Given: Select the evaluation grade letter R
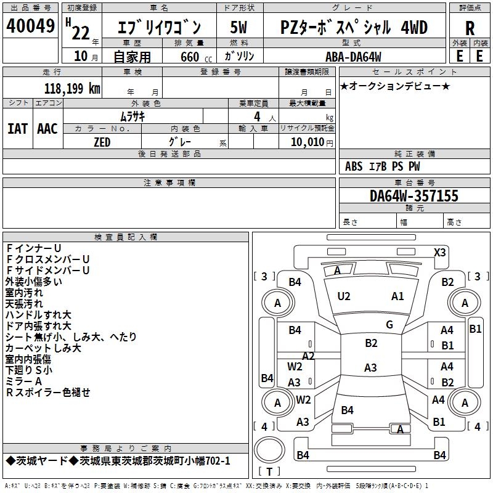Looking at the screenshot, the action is (x=470, y=28).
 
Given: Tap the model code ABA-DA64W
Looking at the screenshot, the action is (x=353, y=57).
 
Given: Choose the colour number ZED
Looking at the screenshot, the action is (x=102, y=142).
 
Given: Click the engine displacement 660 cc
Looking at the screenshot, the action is (x=190, y=57).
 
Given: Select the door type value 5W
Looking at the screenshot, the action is (x=238, y=28).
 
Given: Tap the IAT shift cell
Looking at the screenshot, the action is (x=17, y=129).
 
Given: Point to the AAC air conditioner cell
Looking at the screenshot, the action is (x=47, y=129).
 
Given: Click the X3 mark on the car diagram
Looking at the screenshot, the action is (x=439, y=252).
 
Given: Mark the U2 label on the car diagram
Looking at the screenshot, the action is (x=344, y=296).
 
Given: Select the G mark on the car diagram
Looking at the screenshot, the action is (x=389, y=325).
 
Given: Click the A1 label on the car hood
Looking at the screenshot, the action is (x=397, y=296).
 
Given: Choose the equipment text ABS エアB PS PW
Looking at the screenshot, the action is (x=383, y=166).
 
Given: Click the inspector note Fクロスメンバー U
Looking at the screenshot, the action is (x=48, y=259).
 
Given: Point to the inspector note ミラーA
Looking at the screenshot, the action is (x=24, y=381).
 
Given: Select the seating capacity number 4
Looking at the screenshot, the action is (x=256, y=116).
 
